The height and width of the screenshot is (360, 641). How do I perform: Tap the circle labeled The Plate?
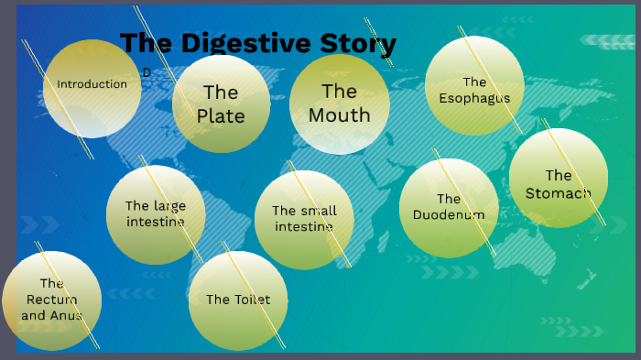point(221,104)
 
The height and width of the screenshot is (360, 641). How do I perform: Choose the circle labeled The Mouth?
point(339,104)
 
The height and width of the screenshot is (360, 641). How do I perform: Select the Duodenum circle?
point(449,208)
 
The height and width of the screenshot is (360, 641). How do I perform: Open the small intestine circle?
point(304,220)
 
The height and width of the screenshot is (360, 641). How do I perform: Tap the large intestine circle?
point(156,214)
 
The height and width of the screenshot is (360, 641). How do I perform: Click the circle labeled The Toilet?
point(238,300)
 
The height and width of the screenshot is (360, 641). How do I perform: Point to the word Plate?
point(221,116)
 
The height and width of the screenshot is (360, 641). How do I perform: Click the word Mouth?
point(339,115)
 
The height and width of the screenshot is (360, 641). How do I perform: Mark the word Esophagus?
point(474,98)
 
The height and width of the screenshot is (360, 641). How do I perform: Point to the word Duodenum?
point(449,215)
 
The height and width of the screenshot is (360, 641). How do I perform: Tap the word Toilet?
point(251,300)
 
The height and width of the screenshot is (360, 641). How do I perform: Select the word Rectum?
point(51,300)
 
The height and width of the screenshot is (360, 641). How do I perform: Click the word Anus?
point(66,316)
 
